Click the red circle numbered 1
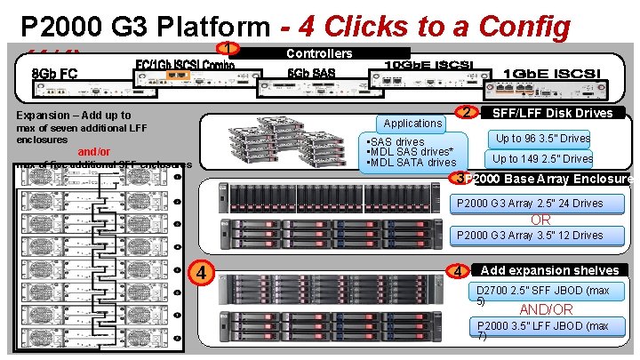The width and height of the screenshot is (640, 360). (229, 50)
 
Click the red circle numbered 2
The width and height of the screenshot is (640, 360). (465, 113)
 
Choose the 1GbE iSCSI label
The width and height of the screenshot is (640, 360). (552, 72)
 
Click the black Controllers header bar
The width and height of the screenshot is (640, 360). (319, 53)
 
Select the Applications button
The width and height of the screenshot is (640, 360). (412, 124)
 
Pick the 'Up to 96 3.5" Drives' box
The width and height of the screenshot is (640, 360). (542, 138)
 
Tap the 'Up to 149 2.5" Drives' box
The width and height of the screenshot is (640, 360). (542, 158)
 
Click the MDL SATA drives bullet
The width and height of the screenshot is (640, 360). (412, 163)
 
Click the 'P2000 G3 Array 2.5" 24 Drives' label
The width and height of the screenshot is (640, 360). (530, 204)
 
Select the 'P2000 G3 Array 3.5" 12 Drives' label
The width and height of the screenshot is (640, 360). (530, 236)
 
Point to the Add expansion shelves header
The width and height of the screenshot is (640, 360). (549, 270)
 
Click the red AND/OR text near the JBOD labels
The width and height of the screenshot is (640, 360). (547, 309)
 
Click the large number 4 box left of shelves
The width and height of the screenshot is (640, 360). (202, 271)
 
